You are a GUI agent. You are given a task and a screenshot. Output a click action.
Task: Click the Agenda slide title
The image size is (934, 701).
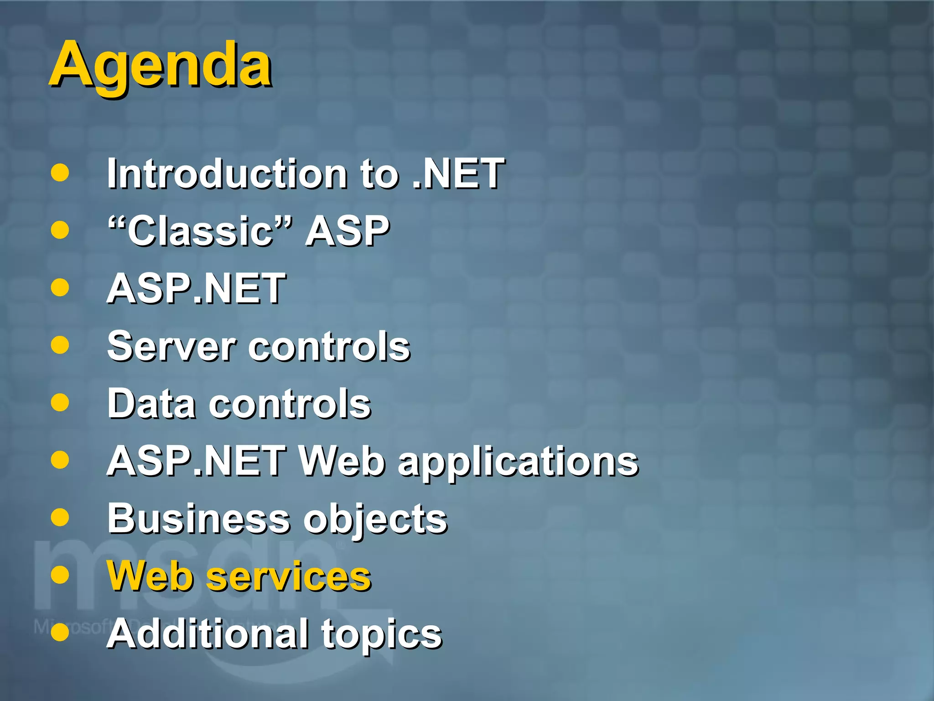(x=161, y=65)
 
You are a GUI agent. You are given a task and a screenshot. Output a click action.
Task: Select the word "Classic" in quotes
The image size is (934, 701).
(x=200, y=231)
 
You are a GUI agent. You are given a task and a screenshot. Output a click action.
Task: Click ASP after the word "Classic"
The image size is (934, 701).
(x=348, y=231)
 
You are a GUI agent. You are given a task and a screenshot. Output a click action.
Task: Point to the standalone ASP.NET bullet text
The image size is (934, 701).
(x=196, y=288)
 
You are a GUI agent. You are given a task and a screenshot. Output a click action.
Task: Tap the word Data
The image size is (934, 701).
(x=152, y=404)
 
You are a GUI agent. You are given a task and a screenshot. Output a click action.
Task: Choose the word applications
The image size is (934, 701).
(x=518, y=462)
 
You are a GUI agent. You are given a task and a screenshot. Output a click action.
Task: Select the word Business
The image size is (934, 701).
(x=199, y=519)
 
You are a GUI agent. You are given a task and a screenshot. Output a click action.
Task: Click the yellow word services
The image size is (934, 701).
(x=289, y=576)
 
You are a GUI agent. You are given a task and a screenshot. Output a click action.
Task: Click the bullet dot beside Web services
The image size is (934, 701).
(x=60, y=575)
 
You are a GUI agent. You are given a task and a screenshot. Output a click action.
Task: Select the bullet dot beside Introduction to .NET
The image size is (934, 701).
(x=60, y=173)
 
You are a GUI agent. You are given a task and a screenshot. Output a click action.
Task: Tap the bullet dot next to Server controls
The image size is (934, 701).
(x=60, y=345)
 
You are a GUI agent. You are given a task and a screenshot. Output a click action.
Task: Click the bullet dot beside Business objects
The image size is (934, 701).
(x=60, y=518)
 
